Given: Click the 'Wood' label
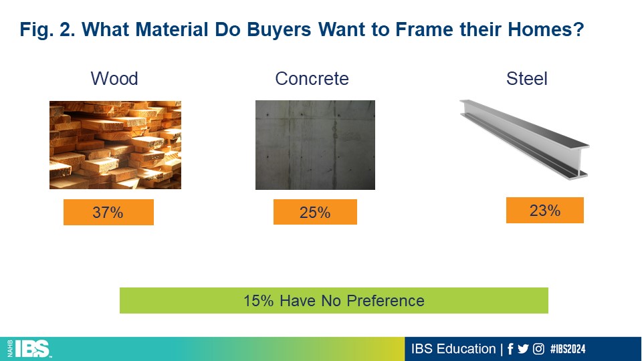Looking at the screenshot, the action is pyautogui.click(x=114, y=79).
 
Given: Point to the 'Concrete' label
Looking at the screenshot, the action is pyautogui.click(x=312, y=79).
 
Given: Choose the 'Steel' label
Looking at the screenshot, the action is pyautogui.click(x=526, y=79).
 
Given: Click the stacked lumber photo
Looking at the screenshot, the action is pyautogui.click(x=115, y=145).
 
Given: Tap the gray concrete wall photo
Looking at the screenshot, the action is pyautogui.click(x=315, y=145).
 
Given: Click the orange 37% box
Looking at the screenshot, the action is pyautogui.click(x=108, y=212).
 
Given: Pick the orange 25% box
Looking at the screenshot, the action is pyautogui.click(x=315, y=212).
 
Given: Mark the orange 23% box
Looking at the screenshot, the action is pyautogui.click(x=545, y=211).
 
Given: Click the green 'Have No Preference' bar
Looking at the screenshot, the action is pyautogui.click(x=334, y=300).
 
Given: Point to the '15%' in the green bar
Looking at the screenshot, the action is pyautogui.click(x=258, y=301).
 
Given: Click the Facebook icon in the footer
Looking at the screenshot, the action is pyautogui.click(x=510, y=349).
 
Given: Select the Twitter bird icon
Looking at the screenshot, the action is pyautogui.click(x=523, y=349).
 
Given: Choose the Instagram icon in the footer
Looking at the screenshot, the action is pyautogui.click(x=538, y=349).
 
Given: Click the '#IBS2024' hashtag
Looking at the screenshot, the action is pyautogui.click(x=568, y=349).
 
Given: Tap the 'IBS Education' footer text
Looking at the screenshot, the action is pyautogui.click(x=453, y=349).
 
